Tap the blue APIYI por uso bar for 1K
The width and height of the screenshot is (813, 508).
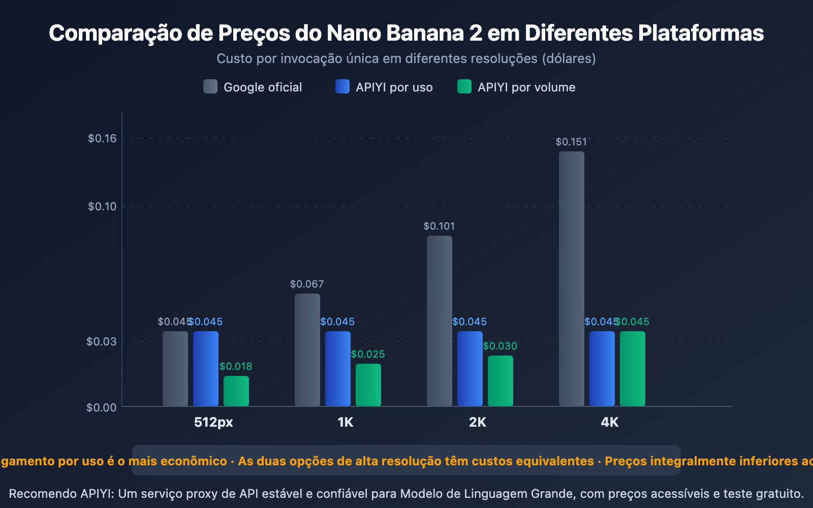tap(338, 368)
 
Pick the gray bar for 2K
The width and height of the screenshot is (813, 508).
tap(440, 321)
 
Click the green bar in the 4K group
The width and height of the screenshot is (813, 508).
tap(633, 368)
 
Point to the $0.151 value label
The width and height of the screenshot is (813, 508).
tap(571, 142)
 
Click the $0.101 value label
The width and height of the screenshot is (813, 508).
tap(439, 226)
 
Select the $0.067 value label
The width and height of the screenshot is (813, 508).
tap(307, 284)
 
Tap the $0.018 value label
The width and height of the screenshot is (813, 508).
tap(236, 366)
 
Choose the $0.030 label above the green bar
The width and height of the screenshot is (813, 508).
tap(500, 346)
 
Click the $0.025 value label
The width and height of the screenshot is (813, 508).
tap(368, 354)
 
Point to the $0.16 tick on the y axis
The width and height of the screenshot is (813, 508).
tap(102, 138)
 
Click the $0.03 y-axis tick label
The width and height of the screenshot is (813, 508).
tap(102, 341)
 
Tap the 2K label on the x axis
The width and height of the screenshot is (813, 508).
tap(478, 422)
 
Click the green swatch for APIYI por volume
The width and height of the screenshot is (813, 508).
tap(464, 87)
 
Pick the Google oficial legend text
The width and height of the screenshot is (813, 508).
tap(263, 87)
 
